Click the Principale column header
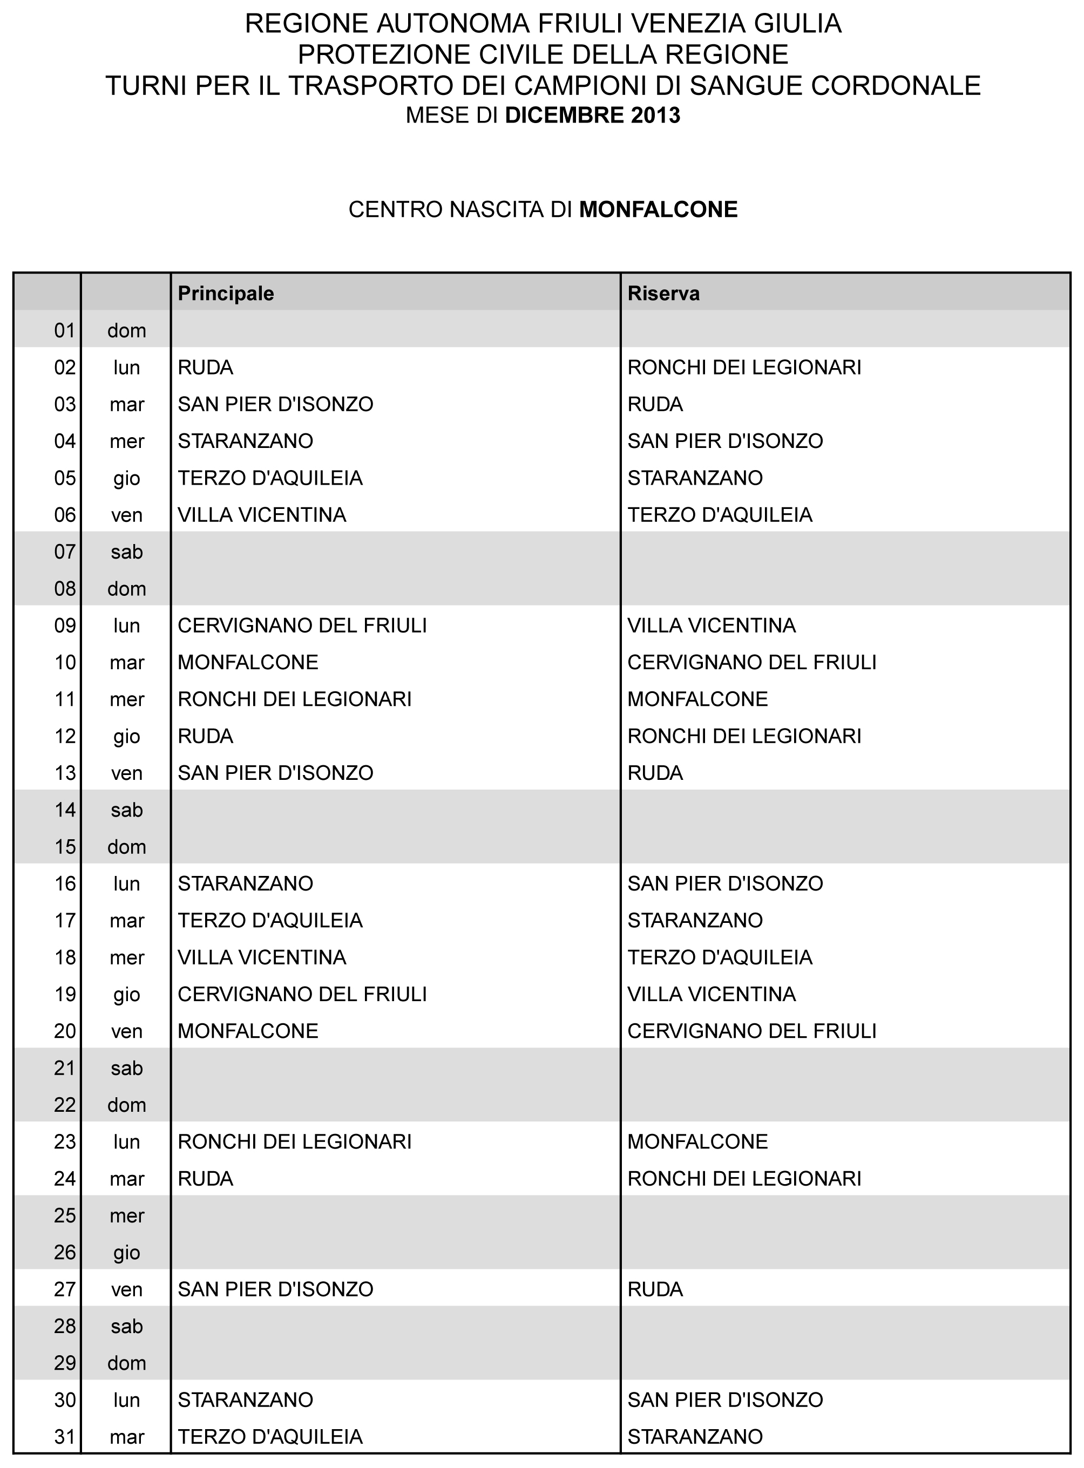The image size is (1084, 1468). [x=226, y=293]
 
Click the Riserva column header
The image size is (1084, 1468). [x=663, y=293]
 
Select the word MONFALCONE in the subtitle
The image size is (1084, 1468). [x=658, y=209]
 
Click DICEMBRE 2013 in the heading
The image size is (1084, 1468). [x=593, y=115]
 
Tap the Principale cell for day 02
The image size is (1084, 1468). [x=205, y=368]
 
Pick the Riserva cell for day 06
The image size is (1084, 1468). [x=720, y=515]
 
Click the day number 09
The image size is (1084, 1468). [x=65, y=626]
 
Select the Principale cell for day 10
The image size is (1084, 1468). [x=248, y=663]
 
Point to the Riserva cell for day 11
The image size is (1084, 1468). [x=697, y=699]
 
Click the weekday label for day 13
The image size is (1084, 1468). [x=127, y=773]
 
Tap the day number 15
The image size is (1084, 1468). [x=65, y=847]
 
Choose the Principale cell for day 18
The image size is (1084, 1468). [x=262, y=957]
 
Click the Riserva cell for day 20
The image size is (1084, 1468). [x=752, y=1031]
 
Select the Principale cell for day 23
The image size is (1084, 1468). [x=295, y=1142]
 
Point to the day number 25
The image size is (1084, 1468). [x=65, y=1215]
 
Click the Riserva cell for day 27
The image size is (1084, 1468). [x=655, y=1289]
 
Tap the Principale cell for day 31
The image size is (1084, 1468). [x=270, y=1437]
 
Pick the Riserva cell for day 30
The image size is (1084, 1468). [x=725, y=1400]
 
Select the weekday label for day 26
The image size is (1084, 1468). [x=127, y=1253]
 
